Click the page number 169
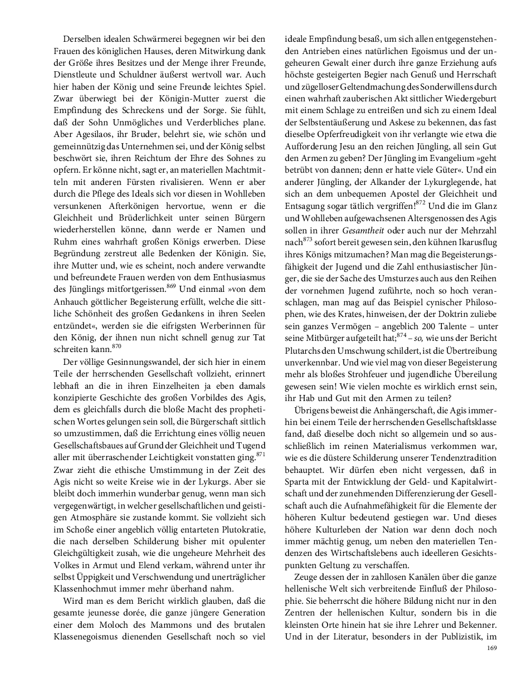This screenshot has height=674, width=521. pos(491,647)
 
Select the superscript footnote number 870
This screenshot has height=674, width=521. pos(116,346)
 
